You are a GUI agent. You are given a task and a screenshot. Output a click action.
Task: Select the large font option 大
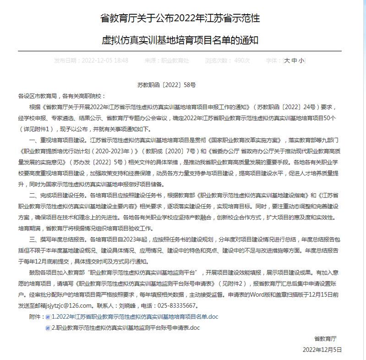point(287,60)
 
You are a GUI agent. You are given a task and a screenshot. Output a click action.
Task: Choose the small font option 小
point(300,60)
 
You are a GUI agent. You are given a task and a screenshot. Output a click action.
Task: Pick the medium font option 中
point(294,60)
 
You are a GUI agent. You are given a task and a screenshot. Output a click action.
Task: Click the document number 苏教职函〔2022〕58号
point(166,85)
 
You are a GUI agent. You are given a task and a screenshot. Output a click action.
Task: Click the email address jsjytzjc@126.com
point(65,305)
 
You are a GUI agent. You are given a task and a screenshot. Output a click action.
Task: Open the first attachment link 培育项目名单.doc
point(135,316)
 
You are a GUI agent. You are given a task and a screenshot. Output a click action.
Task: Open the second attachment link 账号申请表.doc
point(126,328)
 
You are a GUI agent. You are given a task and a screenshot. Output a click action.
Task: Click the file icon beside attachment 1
point(48,317)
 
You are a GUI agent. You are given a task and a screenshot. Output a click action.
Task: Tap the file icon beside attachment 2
point(48,328)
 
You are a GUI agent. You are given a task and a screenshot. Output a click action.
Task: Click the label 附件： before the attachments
point(37,317)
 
